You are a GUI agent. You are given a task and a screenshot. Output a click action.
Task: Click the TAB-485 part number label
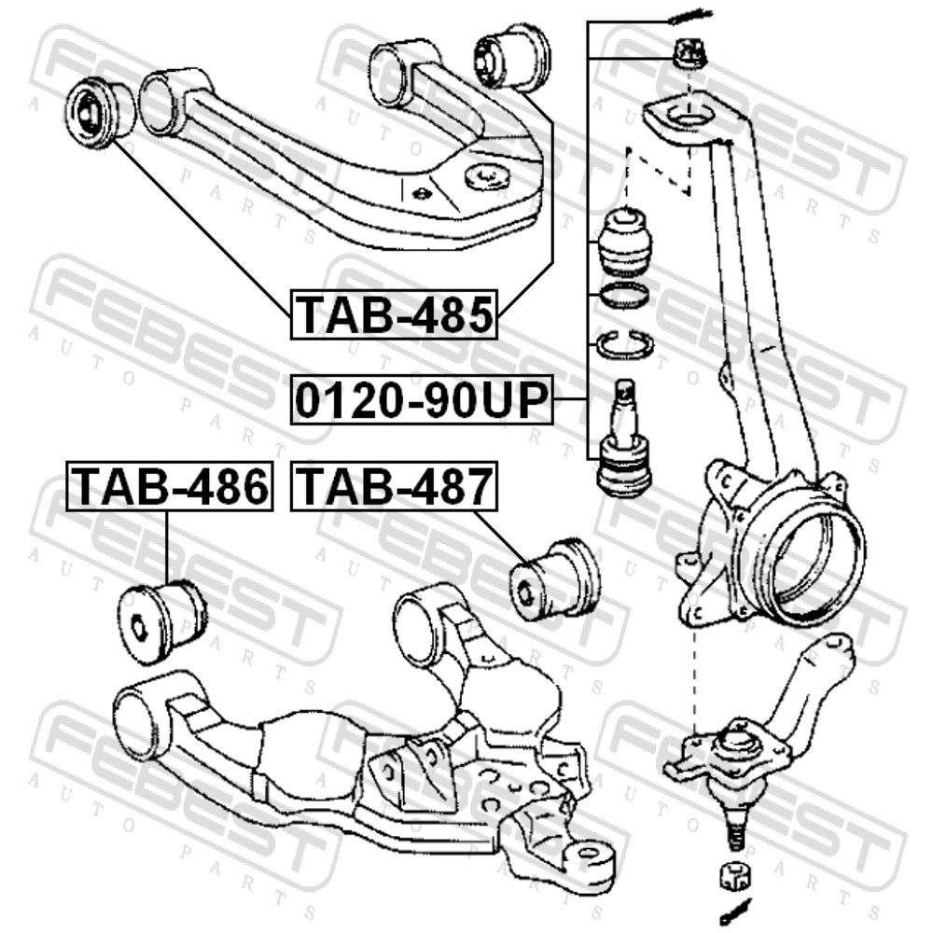pos(394,314)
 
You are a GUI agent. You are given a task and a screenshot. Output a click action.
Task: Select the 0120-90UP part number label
pos(422,399)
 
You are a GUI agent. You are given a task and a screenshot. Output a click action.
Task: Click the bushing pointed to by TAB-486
pos(161,621)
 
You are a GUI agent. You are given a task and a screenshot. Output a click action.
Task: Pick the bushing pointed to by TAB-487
pos(556,579)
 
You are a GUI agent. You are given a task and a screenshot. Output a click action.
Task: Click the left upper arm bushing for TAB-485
pos(101,110)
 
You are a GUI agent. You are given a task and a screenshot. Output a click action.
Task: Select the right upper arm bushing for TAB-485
pos(513,58)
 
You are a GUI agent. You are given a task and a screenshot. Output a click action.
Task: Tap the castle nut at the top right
pos(689,55)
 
